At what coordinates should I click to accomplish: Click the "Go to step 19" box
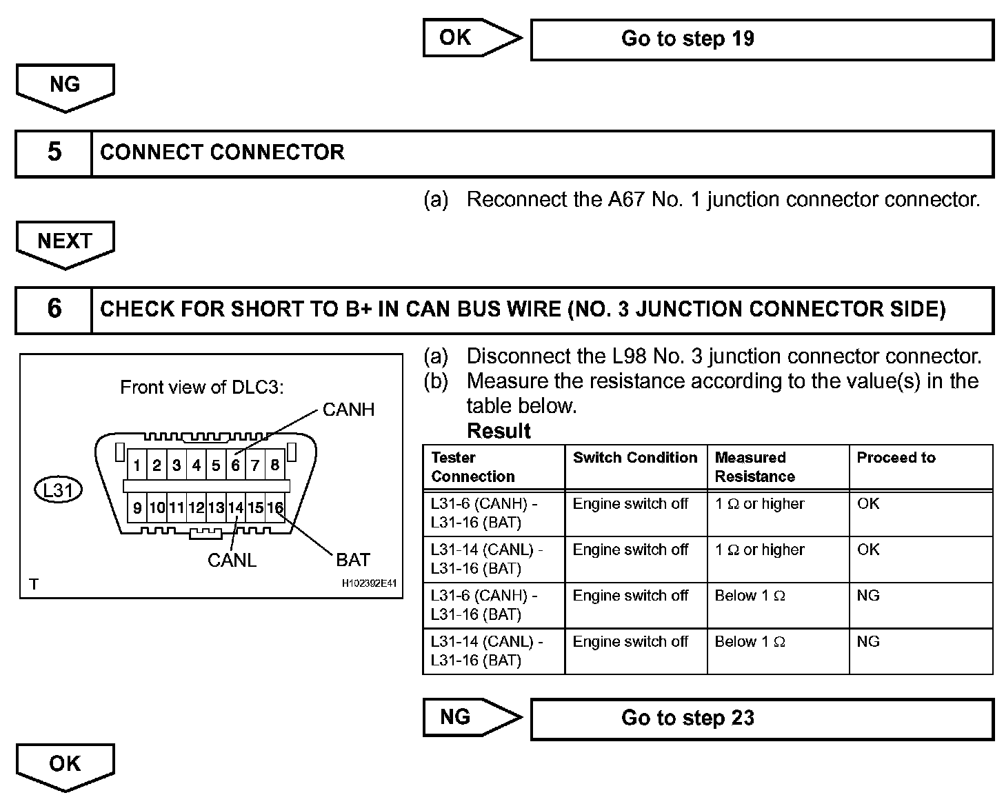761,39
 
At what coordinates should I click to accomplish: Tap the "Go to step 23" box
761,718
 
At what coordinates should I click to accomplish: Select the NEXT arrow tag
65,242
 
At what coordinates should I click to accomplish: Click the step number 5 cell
54,152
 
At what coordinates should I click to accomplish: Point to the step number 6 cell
54,309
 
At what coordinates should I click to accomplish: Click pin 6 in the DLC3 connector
236,465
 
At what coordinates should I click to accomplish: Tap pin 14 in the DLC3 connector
236,508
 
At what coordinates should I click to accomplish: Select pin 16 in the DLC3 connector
275,508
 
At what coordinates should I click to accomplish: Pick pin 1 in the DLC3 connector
137,465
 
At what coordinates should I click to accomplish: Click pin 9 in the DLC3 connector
137,508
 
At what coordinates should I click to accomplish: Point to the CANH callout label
348,410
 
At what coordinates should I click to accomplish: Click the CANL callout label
232,561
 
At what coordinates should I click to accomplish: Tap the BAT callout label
353,560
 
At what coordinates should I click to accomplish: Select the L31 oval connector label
58,490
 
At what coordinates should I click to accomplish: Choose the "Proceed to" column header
896,458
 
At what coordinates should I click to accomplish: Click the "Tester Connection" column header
472,467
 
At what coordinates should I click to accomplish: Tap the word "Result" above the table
499,431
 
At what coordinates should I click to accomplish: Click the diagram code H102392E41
370,583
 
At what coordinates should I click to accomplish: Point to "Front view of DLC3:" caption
202,388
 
